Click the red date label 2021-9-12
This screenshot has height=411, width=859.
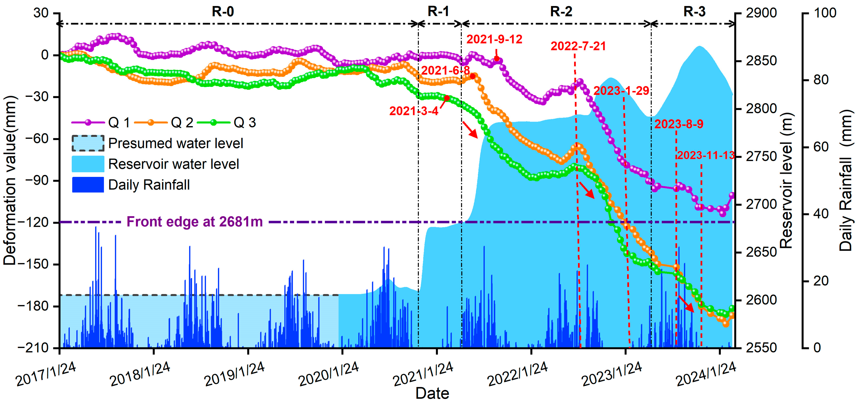[x=494, y=39]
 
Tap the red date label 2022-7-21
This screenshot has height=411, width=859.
[x=578, y=46]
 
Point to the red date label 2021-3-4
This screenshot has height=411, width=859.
[x=414, y=111]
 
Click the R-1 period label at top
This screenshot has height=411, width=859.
[x=438, y=12]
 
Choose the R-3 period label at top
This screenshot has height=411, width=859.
[x=694, y=12]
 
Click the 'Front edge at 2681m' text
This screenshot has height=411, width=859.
[x=194, y=222]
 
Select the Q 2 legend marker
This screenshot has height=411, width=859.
[x=151, y=122]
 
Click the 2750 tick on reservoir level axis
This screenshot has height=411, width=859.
[x=761, y=157]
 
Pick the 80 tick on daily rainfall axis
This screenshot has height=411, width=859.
[x=821, y=80]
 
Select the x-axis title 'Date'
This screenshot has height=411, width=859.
[x=432, y=393]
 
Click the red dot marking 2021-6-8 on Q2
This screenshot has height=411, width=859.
[x=473, y=76]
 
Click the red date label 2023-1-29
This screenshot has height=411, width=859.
[x=621, y=91]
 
